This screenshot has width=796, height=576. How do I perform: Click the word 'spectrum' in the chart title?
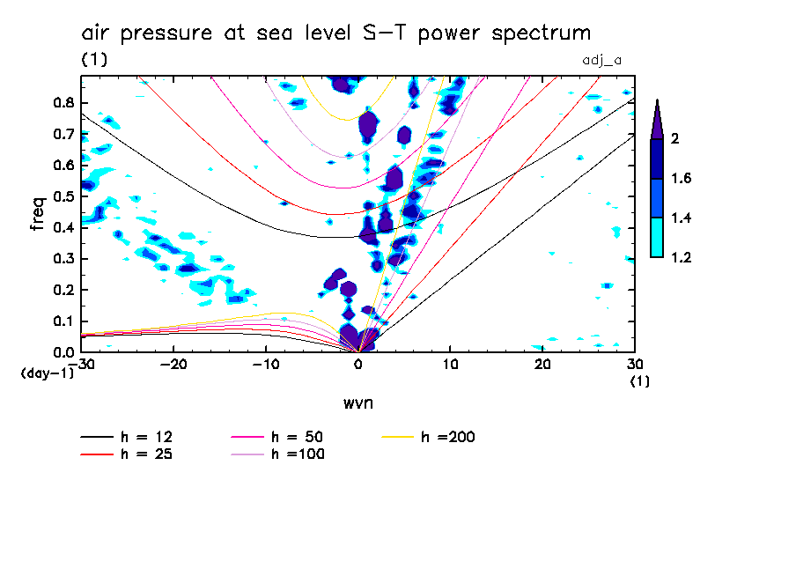tap(539, 34)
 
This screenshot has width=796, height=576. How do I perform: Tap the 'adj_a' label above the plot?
tap(603, 61)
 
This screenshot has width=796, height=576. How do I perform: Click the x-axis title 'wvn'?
tap(357, 402)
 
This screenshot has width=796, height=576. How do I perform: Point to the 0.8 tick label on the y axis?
tap(62, 102)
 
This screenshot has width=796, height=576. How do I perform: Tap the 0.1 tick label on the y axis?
tap(62, 321)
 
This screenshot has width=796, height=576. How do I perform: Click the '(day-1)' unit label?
tap(47, 373)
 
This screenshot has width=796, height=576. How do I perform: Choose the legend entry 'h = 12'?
tap(141, 437)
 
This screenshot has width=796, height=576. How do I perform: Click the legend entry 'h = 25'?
tap(141, 454)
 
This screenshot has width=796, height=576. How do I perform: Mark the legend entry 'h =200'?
tap(448, 437)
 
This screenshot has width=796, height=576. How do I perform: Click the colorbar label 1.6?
tap(682, 179)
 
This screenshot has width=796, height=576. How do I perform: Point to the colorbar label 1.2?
tap(682, 257)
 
